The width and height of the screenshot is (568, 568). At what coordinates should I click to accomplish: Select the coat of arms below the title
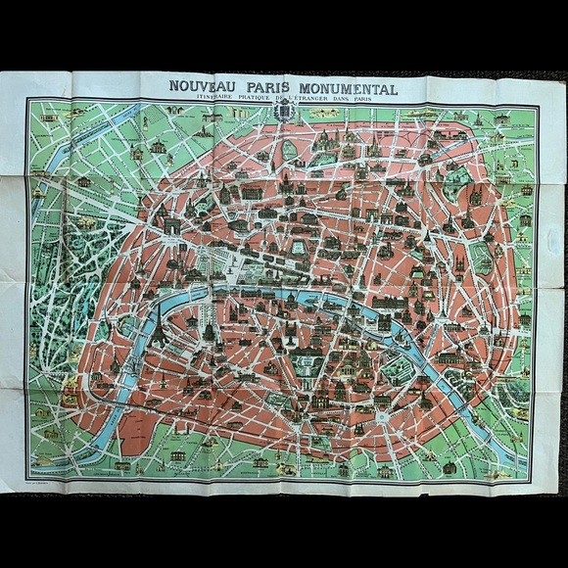[284, 115]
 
